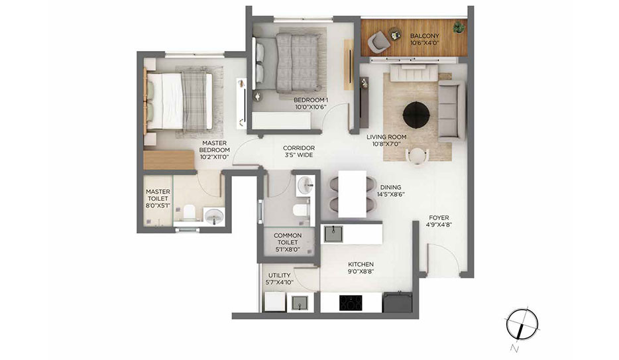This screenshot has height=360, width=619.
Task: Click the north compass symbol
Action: point(522,324)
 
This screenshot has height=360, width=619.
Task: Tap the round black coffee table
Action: point(416,115)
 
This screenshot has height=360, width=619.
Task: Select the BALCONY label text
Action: point(424,36)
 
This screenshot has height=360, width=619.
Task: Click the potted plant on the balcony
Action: point(459,27)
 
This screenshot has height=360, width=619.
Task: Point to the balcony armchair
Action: point(378,42)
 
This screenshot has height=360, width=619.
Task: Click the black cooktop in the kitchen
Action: point(351,303)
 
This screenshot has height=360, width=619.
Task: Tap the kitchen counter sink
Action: point(333,233)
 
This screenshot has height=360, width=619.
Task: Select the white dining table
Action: point(353,194)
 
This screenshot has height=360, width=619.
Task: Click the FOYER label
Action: point(439,217)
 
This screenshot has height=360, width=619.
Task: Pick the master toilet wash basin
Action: point(214,216)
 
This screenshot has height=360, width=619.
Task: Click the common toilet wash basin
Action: point(305,185)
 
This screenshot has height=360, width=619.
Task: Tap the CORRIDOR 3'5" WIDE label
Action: point(299,152)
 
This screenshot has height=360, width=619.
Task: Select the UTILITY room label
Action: point(280,275)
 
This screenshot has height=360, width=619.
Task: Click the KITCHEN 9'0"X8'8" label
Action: point(361,268)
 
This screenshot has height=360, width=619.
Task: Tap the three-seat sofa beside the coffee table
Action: point(451,111)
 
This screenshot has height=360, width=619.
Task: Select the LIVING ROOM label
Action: point(386,137)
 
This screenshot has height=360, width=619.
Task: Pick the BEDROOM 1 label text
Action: point(311,100)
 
